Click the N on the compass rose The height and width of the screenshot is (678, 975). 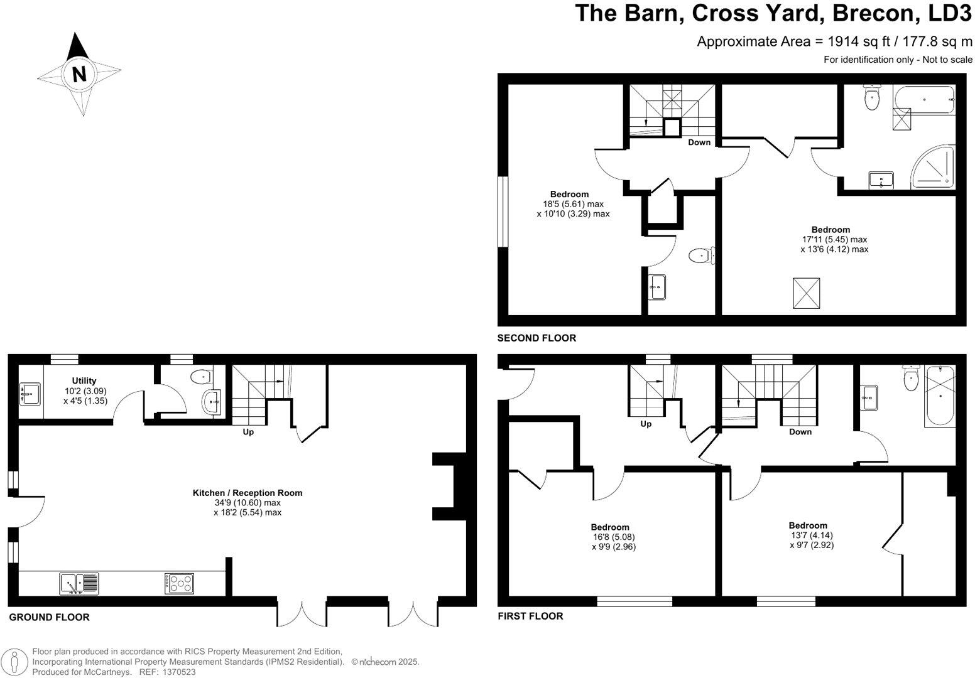pos(79,74)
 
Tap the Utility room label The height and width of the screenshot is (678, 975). pos(84,380)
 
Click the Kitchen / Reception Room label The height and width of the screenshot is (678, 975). pos(247,493)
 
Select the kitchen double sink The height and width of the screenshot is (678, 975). pos(79,583)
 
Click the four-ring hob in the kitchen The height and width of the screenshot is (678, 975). pos(179,584)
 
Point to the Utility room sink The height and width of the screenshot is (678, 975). pos(30,394)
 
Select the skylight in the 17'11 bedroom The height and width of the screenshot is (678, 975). pos(807,293)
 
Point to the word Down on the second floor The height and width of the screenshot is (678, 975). pos(699,143)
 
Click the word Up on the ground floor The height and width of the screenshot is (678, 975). pos(248,432)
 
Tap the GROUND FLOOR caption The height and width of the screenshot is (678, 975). pos(49,617)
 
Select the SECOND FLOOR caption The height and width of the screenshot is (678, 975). pos(537,338)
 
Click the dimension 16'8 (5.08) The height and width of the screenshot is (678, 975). pos(609,537)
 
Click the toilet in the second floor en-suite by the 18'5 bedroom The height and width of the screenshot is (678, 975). pos(700,256)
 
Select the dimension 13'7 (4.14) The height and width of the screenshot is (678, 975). pos(812,535)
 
